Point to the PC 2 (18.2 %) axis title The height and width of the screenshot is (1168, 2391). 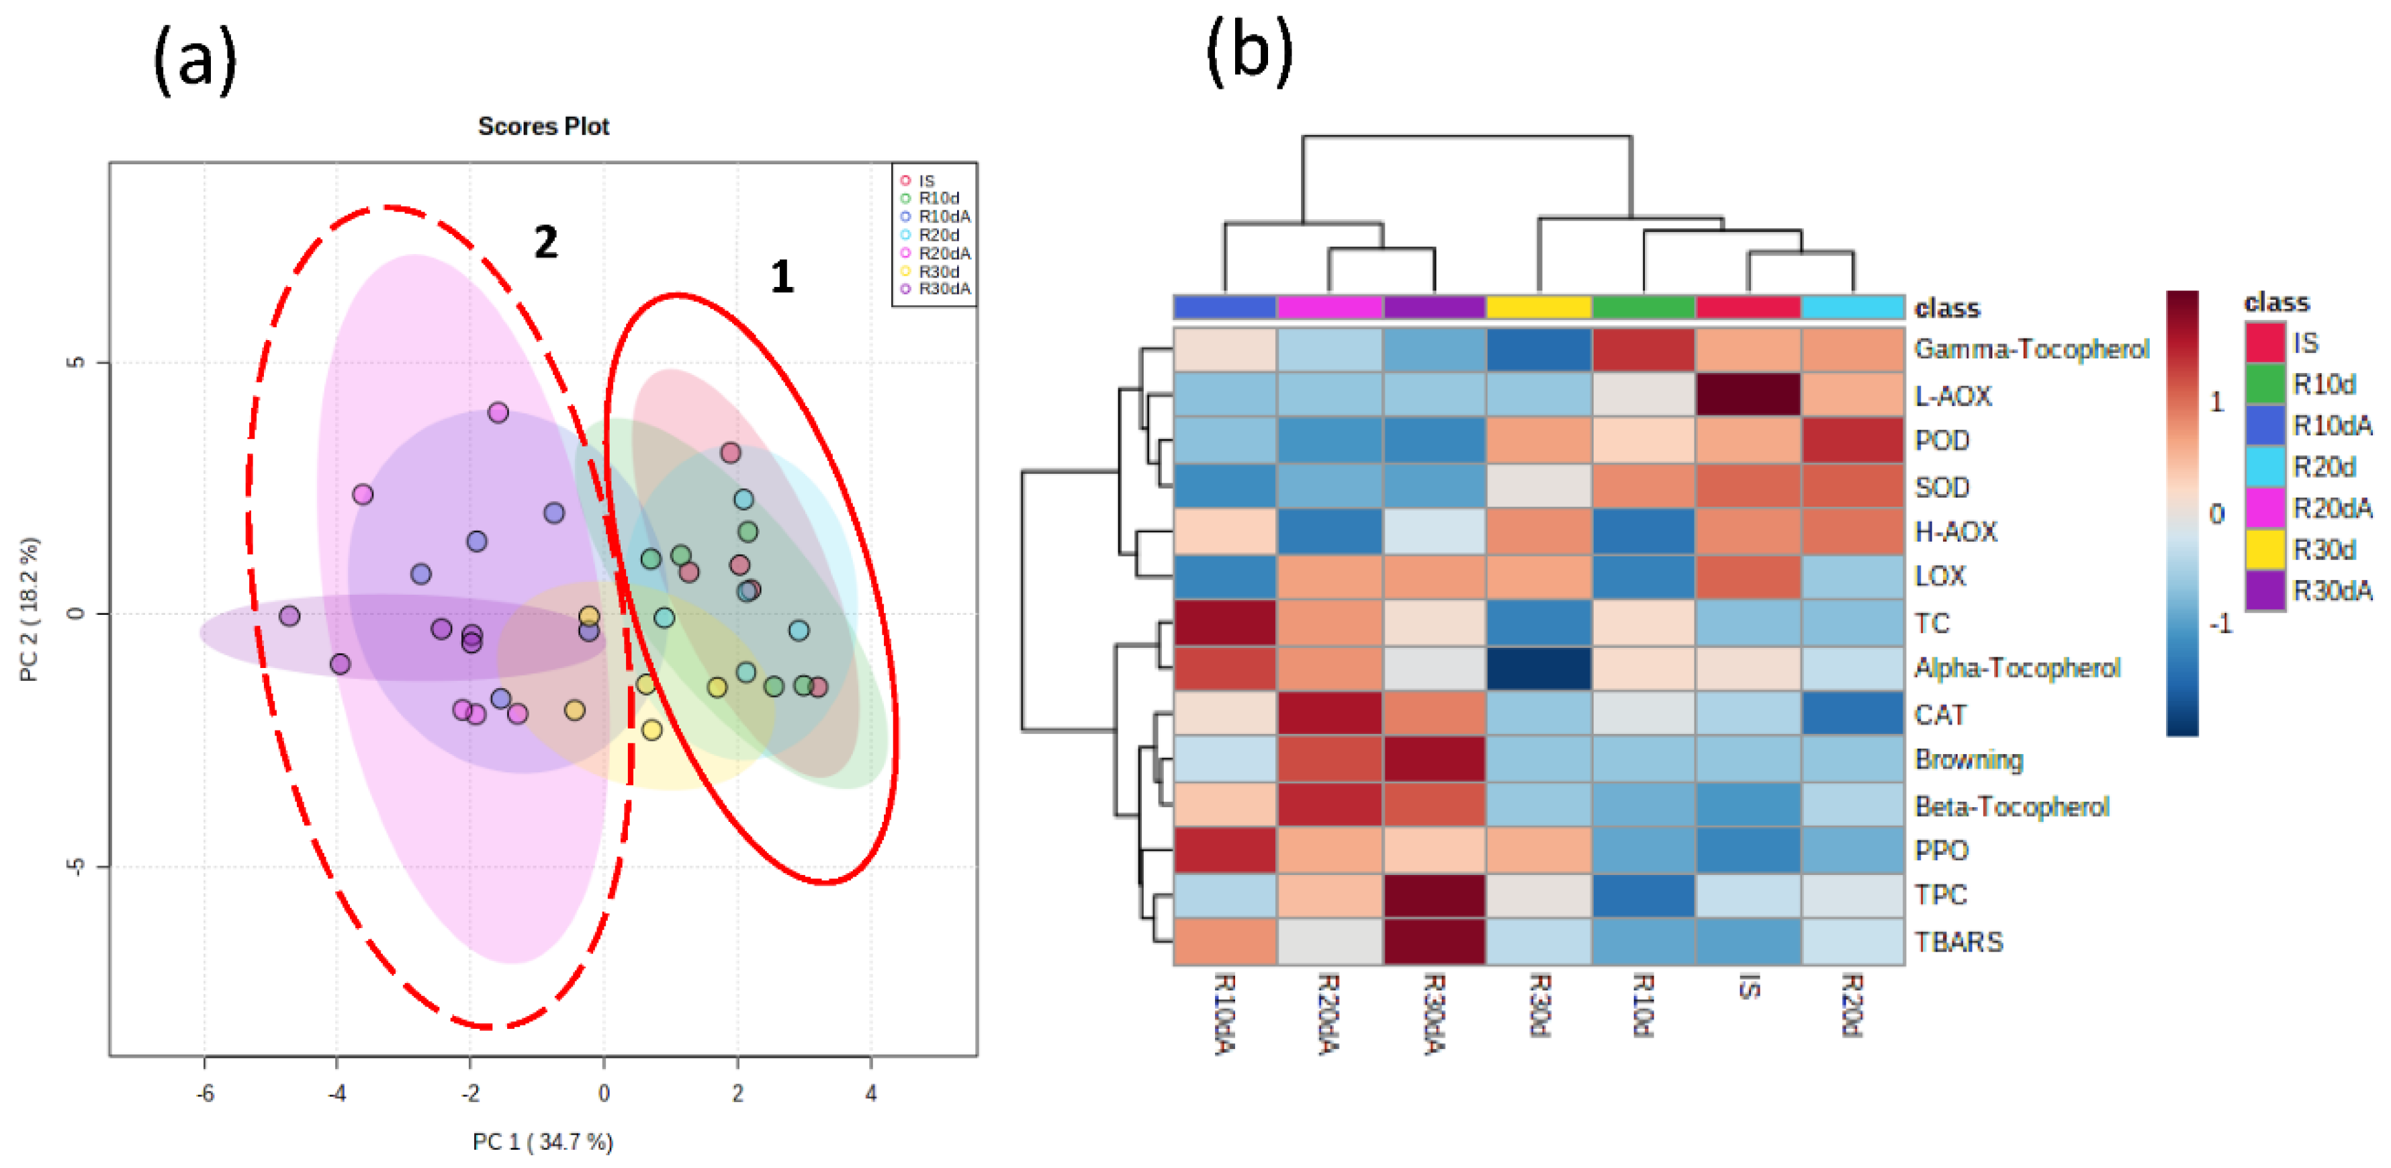30,609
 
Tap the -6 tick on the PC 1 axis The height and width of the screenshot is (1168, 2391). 205,1093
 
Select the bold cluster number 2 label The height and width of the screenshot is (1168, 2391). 546,243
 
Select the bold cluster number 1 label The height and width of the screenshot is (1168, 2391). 782,277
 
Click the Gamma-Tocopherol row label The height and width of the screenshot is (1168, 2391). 2031,349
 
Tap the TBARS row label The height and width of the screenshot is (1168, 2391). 1958,942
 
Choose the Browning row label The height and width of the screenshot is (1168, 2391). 1969,759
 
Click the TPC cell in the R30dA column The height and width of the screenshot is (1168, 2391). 1434,895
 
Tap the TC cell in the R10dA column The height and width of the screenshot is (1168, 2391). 1225,622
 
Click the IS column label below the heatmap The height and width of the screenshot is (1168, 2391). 1748,986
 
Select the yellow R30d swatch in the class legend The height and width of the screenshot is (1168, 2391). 2264,550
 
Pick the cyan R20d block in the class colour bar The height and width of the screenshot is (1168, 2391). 1852,307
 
